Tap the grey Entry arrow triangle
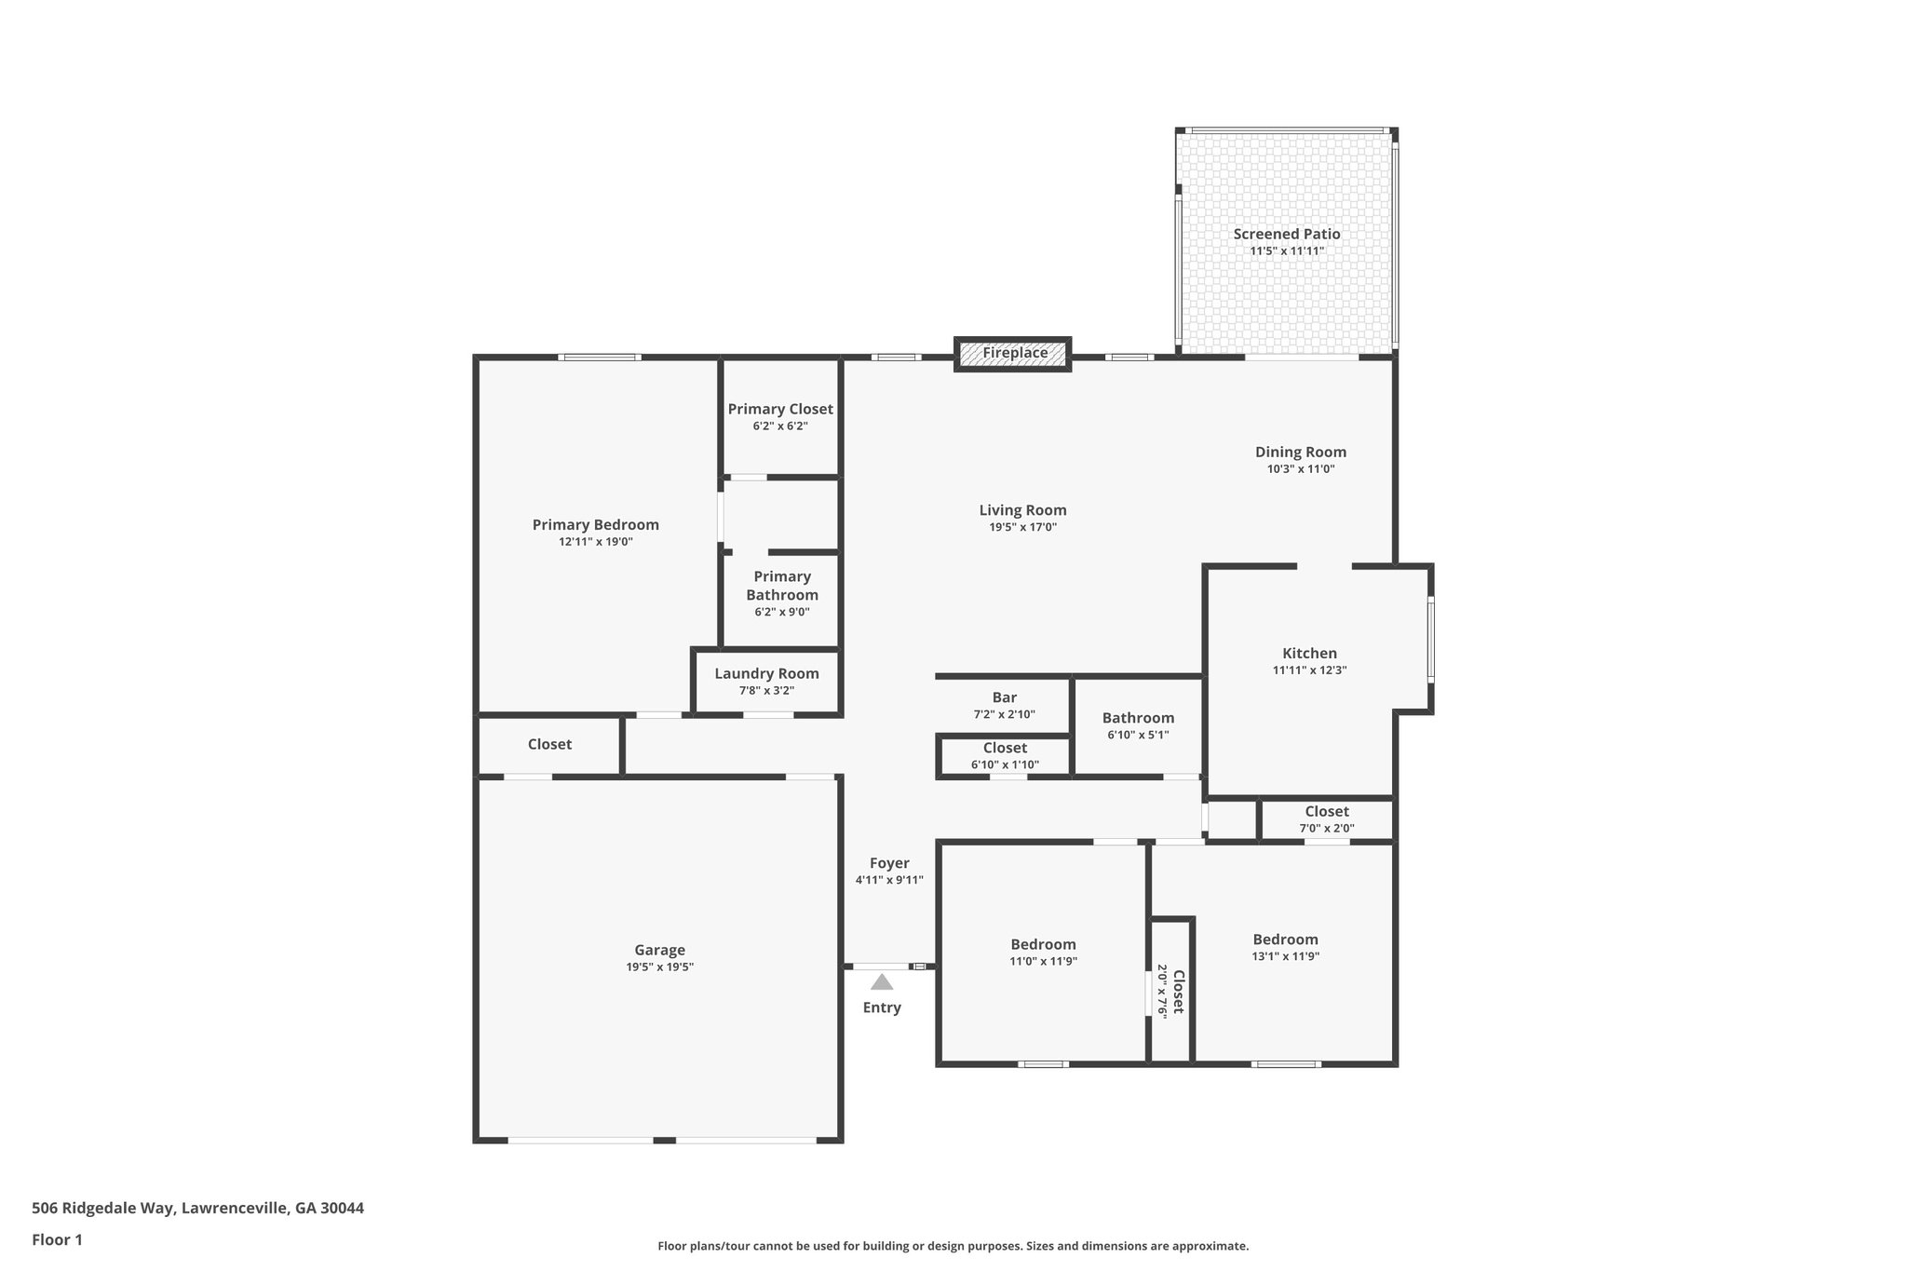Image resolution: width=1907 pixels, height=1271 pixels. (881, 981)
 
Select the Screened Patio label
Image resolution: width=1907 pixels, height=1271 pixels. (1286, 234)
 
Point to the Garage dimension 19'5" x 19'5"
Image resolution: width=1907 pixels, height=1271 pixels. (659, 967)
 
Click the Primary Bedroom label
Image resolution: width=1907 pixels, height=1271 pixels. (595, 524)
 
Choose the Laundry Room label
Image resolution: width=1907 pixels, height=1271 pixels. (766, 673)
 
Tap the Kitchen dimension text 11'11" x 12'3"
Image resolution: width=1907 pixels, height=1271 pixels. (1309, 669)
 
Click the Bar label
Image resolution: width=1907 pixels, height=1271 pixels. (1004, 697)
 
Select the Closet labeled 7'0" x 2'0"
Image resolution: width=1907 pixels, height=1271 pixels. (1326, 811)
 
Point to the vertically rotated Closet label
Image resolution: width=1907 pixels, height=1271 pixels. (1178, 992)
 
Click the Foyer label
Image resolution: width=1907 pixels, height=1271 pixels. (888, 863)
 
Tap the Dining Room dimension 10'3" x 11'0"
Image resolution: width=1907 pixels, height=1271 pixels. (1300, 468)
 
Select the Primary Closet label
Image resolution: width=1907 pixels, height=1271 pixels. (779, 409)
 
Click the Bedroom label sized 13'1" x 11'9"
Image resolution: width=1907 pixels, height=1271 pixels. (1285, 939)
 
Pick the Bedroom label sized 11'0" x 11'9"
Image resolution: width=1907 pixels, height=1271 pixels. (1043, 944)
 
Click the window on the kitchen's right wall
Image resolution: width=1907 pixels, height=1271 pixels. (1430, 640)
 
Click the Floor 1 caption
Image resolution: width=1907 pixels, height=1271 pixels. (57, 1239)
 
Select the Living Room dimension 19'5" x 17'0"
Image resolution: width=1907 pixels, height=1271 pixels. (1022, 527)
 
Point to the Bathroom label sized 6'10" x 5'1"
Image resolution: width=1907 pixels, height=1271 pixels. (1138, 718)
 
